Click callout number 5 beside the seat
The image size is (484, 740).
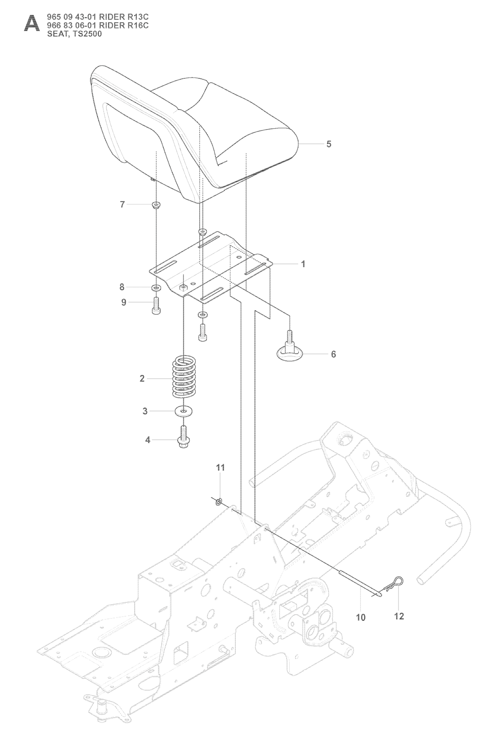[328, 144]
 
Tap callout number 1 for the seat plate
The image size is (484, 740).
[303, 264]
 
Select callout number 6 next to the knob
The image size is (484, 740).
[334, 354]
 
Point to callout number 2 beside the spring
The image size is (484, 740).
[142, 378]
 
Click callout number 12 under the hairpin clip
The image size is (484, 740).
[399, 616]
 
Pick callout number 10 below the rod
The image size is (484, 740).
[361, 617]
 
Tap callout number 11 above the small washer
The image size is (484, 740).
[220, 467]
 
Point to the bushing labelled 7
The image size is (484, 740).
[156, 205]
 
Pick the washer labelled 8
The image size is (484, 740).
[156, 288]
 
